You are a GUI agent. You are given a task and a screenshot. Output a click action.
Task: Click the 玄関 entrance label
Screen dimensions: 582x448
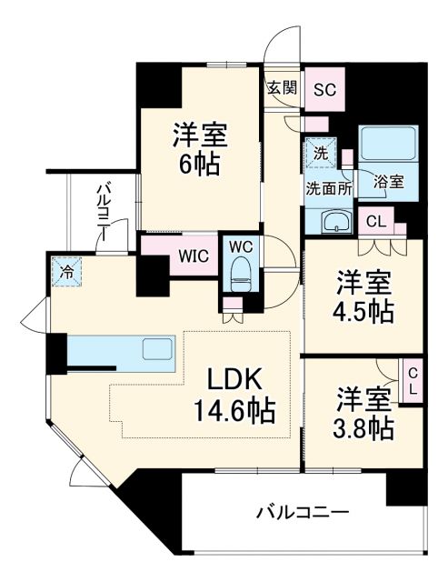283,88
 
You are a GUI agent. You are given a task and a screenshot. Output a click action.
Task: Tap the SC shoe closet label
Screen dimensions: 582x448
324,89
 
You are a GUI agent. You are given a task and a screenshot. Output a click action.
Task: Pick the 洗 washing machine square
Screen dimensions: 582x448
320,153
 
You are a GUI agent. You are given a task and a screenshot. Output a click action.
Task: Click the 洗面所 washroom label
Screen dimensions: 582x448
324,189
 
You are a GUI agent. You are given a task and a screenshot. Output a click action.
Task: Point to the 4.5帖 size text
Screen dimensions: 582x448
363,311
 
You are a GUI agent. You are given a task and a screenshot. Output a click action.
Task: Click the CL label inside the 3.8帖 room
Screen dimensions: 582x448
412,381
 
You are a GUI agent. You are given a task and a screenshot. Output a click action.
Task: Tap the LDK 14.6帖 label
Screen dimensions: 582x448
239,394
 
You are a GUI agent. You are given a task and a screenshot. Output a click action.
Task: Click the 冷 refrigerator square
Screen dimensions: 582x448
67,270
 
